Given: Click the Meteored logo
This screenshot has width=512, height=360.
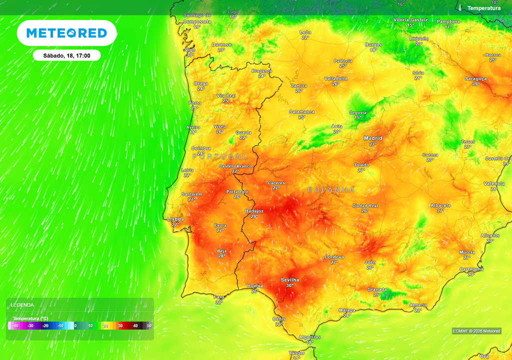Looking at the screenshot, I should click(x=66, y=33).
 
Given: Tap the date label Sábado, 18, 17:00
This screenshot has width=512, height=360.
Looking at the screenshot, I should click(x=66, y=55).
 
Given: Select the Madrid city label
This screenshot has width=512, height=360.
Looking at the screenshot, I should click(x=373, y=138).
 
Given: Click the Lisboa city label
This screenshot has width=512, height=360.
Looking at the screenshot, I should click(x=175, y=219).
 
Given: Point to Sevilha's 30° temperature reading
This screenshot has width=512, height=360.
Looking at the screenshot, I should click(x=289, y=285).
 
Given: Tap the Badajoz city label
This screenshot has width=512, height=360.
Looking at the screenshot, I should click(x=254, y=211).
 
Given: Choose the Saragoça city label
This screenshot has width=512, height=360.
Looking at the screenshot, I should click(x=475, y=78).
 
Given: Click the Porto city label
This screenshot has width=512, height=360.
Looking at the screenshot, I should click(x=194, y=103).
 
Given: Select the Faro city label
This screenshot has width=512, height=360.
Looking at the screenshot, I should click(x=219, y=297).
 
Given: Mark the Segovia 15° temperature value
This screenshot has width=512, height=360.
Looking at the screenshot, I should click(x=357, y=117).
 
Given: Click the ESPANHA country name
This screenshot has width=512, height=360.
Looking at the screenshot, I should click(x=331, y=190).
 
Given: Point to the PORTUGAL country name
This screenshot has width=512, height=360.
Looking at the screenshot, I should click(x=219, y=156).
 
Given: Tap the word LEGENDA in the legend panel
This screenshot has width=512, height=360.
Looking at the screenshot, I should click(x=22, y=304).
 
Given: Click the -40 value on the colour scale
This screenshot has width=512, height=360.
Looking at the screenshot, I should click(x=15, y=326).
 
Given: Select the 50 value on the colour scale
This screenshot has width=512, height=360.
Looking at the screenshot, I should click(x=149, y=326).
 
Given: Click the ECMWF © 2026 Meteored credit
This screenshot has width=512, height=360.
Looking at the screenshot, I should click(x=476, y=331).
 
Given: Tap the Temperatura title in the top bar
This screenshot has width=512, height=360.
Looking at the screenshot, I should click(x=483, y=8).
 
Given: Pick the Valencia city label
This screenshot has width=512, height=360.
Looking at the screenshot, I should click(x=494, y=183).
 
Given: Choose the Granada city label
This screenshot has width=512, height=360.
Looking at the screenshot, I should click(x=377, y=289).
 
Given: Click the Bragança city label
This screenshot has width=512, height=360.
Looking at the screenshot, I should click(x=261, y=71).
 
